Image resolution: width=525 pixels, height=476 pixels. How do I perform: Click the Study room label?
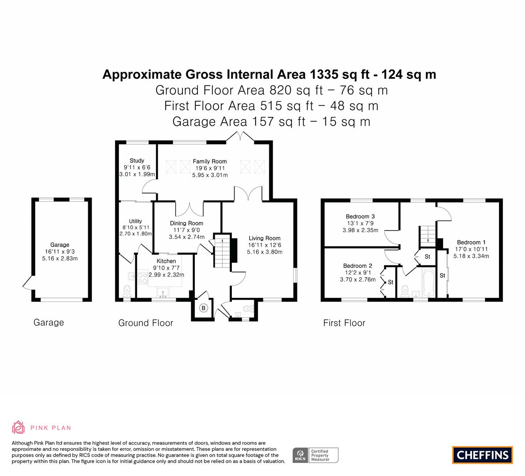pyautogui.click(x=137, y=161)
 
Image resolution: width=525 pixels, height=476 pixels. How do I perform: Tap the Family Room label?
pyautogui.click(x=209, y=161)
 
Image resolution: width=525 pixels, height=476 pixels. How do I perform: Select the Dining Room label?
pyautogui.click(x=186, y=223)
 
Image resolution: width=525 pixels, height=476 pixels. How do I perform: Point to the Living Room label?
pyautogui.click(x=264, y=238)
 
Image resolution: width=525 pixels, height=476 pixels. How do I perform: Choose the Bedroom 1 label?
pyautogui.click(x=471, y=242)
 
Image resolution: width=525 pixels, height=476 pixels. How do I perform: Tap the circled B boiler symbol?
pyautogui.click(x=204, y=308)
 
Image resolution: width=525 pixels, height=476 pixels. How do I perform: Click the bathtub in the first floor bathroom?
pyautogui.click(x=428, y=282)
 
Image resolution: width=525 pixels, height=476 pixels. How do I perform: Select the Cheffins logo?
pyautogui.click(x=483, y=455)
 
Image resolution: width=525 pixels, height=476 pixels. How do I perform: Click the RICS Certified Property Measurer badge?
pyautogui.click(x=316, y=455)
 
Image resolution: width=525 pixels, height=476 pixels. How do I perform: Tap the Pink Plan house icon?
pyautogui.click(x=18, y=427)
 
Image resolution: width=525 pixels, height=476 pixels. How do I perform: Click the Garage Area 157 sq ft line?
pyautogui.click(x=271, y=122)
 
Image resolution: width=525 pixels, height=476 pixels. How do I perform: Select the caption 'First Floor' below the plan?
pyautogui.click(x=344, y=323)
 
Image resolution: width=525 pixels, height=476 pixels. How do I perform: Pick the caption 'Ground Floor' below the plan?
pyautogui.click(x=145, y=323)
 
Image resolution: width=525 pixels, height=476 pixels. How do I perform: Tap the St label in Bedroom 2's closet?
pyautogui.click(x=391, y=282)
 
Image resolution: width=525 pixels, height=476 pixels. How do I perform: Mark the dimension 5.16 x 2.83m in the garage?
pyautogui.click(x=60, y=258)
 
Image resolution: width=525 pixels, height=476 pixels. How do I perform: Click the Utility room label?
pyautogui.click(x=136, y=221)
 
